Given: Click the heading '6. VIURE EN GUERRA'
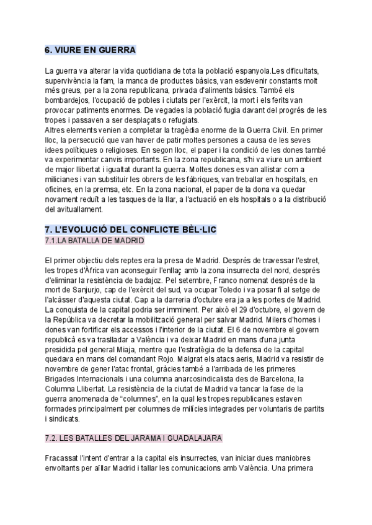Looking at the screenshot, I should (91, 50).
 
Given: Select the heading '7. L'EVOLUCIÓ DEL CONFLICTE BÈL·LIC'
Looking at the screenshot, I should (131, 230).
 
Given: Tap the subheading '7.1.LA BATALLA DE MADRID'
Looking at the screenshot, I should (94, 240).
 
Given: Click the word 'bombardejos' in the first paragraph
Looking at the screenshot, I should (66, 100).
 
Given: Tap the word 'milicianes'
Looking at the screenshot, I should (64, 180).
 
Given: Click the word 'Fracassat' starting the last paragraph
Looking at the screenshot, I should (64, 458).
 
